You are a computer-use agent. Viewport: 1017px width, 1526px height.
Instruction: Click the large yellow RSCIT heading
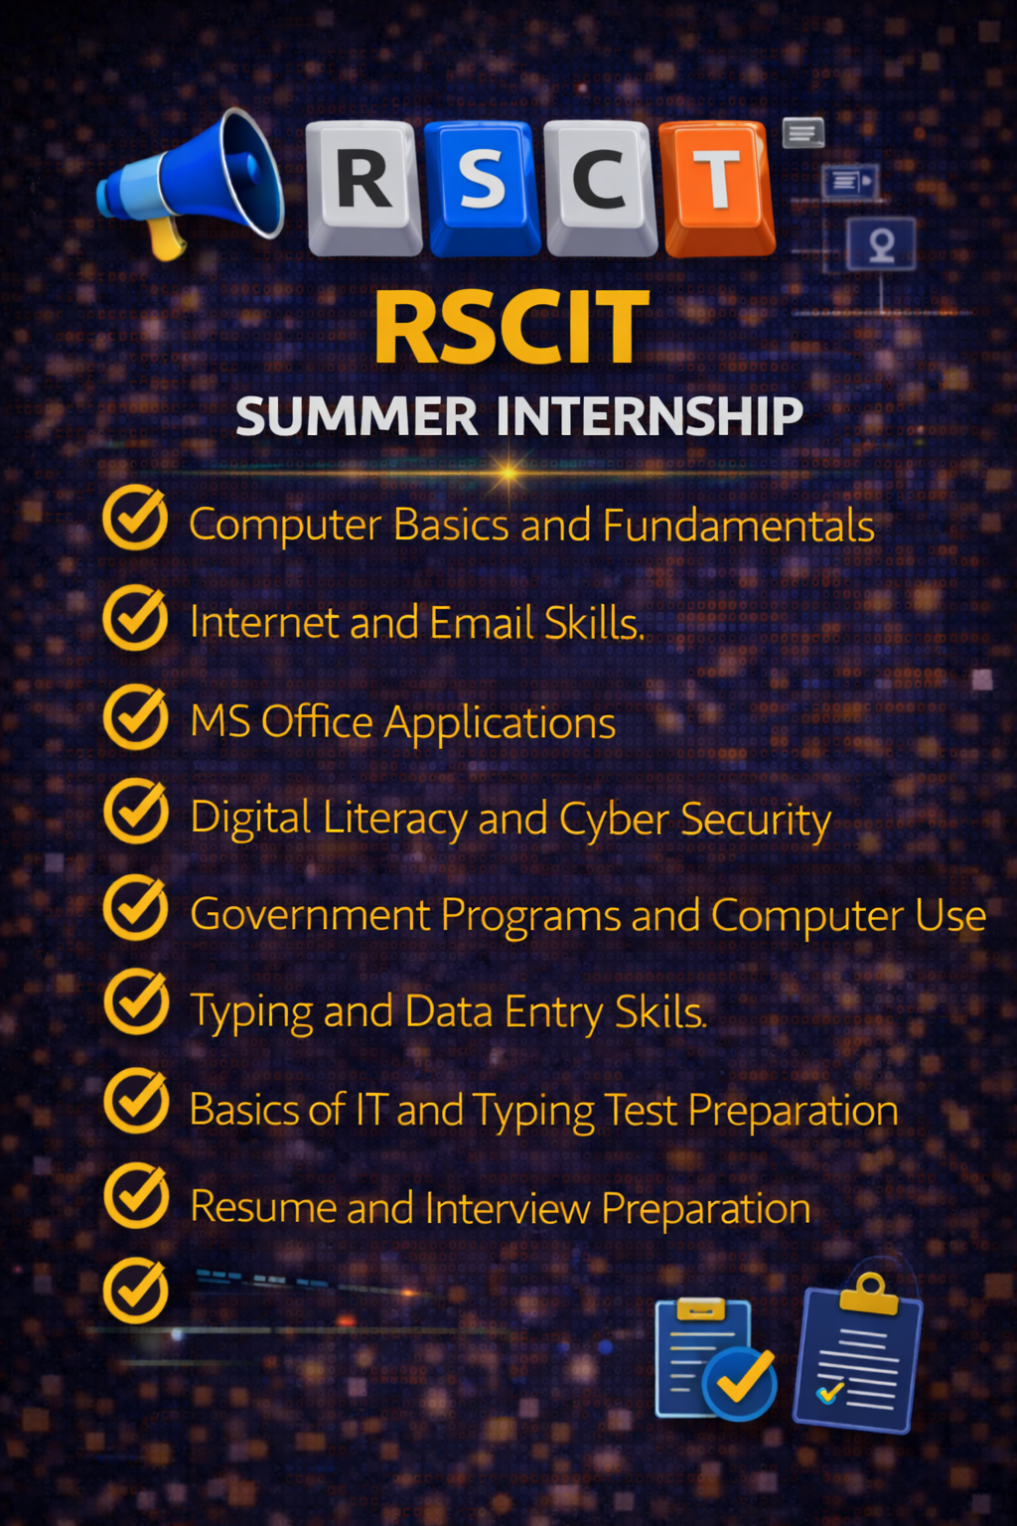click(x=511, y=328)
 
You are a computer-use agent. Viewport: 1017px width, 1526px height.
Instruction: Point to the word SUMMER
click(x=358, y=416)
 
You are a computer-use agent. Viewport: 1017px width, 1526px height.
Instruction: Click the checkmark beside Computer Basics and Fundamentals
click(x=136, y=518)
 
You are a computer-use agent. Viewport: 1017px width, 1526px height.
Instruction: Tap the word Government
click(x=310, y=915)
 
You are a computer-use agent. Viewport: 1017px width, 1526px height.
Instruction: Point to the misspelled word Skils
click(x=659, y=1012)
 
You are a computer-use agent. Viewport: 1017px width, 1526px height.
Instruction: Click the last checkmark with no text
click(x=136, y=1291)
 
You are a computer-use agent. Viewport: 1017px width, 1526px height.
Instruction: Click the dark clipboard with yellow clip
click(x=858, y=1356)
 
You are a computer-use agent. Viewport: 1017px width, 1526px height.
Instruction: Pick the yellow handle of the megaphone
click(x=166, y=237)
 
